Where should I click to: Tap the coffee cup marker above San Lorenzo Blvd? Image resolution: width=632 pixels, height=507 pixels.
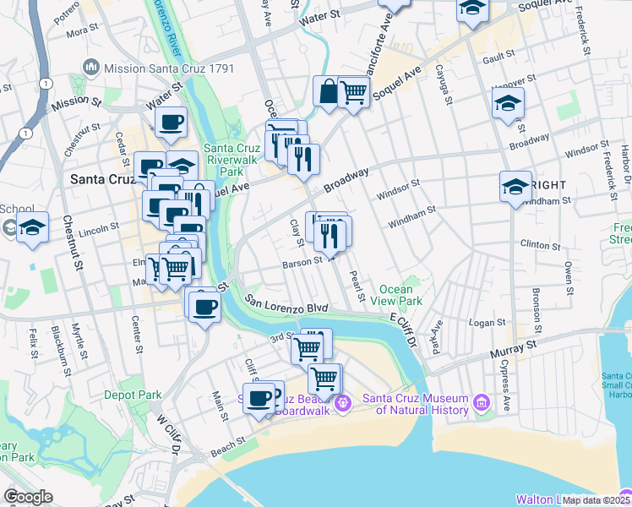click(x=204, y=306)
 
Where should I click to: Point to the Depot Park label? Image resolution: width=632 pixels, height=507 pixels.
click(x=133, y=395)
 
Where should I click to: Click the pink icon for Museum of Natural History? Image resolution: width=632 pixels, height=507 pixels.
click(x=482, y=403)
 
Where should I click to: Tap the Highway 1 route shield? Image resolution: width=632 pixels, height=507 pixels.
click(x=28, y=134)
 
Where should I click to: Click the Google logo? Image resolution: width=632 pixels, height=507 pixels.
click(x=29, y=497)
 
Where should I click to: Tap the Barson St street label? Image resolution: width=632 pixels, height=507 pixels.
click(x=303, y=263)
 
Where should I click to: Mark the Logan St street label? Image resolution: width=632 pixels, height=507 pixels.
click(x=488, y=322)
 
